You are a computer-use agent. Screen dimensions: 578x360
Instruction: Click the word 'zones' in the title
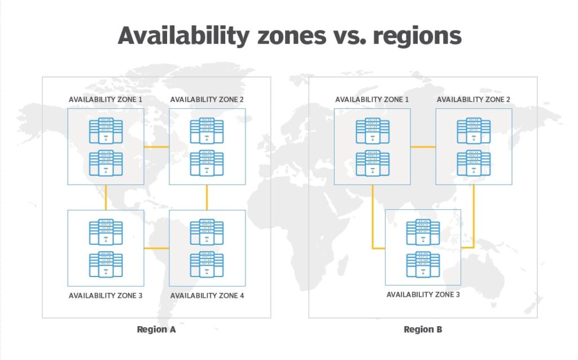[x=292, y=36]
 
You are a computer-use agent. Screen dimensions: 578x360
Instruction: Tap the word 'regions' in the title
[x=417, y=37]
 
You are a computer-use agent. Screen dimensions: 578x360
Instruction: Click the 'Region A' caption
[x=156, y=330]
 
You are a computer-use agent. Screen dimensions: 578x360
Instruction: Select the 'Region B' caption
[x=423, y=330]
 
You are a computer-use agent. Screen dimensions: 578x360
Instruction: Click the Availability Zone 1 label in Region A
[x=106, y=99]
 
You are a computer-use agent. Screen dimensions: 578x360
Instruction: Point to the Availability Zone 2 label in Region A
[x=207, y=99]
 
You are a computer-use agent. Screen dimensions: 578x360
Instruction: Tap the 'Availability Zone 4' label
[x=207, y=296]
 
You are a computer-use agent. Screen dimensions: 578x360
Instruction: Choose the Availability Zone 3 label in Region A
[x=106, y=296]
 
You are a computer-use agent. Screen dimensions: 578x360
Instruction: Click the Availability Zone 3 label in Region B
[x=423, y=295]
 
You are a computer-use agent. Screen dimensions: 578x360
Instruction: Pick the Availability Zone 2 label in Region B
[x=474, y=99]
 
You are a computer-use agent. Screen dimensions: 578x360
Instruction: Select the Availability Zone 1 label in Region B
[x=372, y=99]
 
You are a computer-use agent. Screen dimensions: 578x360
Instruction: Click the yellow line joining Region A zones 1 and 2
[x=156, y=147]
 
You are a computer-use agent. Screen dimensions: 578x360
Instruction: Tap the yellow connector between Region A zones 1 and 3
[x=106, y=197]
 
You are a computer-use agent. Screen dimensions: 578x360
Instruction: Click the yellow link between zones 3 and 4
[x=156, y=248]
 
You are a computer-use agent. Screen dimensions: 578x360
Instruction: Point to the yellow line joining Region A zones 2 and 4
[x=207, y=197]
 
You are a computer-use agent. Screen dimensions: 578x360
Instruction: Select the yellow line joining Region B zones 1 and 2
[x=423, y=147]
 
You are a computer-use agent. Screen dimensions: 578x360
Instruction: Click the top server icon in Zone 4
[x=207, y=232]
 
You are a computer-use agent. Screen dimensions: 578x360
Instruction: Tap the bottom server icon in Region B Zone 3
[x=423, y=265]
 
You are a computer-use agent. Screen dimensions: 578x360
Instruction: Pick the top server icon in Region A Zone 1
[x=106, y=131]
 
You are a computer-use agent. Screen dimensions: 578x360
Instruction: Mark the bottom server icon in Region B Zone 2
[x=474, y=163]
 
